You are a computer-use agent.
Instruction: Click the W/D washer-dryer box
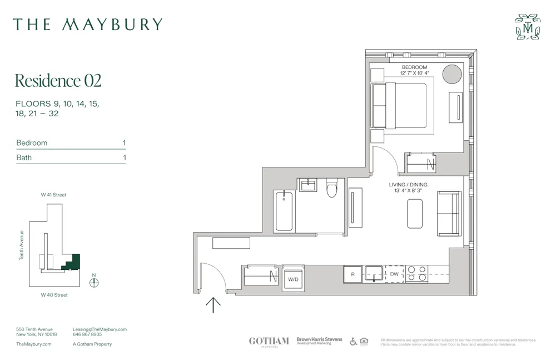click(x=293, y=279)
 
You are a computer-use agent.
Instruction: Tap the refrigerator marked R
click(x=353, y=274)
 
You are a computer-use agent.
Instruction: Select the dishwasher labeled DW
click(x=394, y=274)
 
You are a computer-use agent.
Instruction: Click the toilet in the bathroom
click(x=332, y=189)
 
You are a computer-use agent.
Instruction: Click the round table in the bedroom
click(x=452, y=73)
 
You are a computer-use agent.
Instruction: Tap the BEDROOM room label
click(x=414, y=67)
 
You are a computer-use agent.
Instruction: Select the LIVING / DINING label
click(x=408, y=185)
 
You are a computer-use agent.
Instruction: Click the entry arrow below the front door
click(x=213, y=304)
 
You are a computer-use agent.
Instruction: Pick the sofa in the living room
click(x=449, y=213)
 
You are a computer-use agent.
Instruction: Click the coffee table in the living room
click(x=415, y=214)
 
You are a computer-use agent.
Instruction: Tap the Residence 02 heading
click(x=58, y=81)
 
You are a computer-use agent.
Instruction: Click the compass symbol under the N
click(x=94, y=283)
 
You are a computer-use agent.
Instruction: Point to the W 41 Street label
click(x=53, y=195)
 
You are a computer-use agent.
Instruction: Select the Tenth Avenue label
click(x=22, y=245)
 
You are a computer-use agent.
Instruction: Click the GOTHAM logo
click(x=269, y=341)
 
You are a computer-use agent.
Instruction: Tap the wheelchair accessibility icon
click(x=354, y=341)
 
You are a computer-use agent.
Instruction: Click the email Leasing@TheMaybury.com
click(x=100, y=329)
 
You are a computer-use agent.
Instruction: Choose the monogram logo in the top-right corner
click(x=527, y=27)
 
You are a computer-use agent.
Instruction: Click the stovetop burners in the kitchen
click(x=416, y=274)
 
